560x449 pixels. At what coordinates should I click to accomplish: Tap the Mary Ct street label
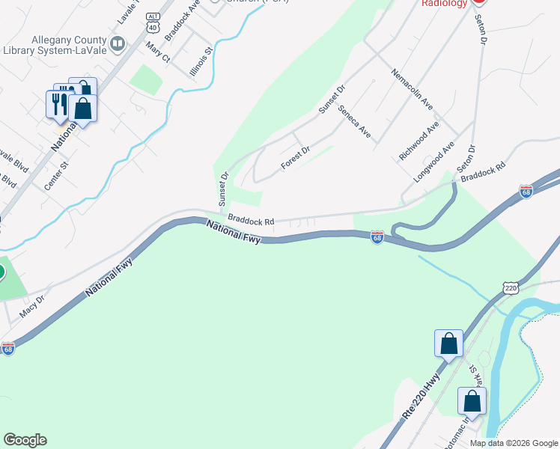point(159,52)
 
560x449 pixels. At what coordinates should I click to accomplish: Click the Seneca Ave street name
point(354,121)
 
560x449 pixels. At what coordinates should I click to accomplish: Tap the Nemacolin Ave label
point(412,87)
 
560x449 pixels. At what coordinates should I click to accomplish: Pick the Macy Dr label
point(32,305)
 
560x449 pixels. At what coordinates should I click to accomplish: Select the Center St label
point(56,174)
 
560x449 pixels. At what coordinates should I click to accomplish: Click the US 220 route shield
point(511,287)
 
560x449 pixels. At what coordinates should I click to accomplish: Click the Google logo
point(25,440)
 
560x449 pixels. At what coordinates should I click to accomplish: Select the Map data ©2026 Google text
point(514,443)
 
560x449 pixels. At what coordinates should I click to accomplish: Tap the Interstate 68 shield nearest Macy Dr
point(7,349)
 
